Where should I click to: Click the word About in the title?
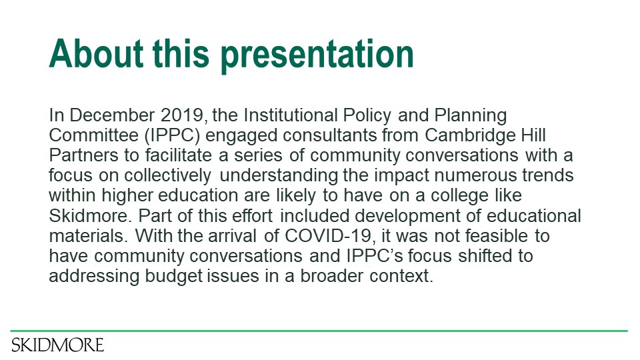click(96, 54)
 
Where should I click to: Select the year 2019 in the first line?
click(181, 115)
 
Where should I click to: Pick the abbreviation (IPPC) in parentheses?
click(172, 135)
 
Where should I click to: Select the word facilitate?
click(179, 155)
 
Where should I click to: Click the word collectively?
click(167, 175)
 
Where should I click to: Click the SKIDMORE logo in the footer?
click(57, 345)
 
